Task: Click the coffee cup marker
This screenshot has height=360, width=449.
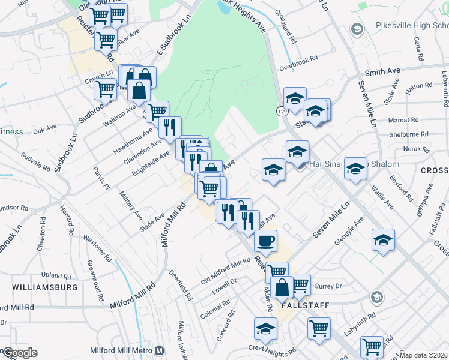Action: [265, 241]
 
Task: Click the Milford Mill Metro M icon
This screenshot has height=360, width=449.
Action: [160, 351]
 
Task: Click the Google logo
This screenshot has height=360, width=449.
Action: [19, 353]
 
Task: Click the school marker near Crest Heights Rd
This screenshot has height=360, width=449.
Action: [265, 329]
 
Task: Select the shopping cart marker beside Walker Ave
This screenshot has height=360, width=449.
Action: [106, 40]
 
